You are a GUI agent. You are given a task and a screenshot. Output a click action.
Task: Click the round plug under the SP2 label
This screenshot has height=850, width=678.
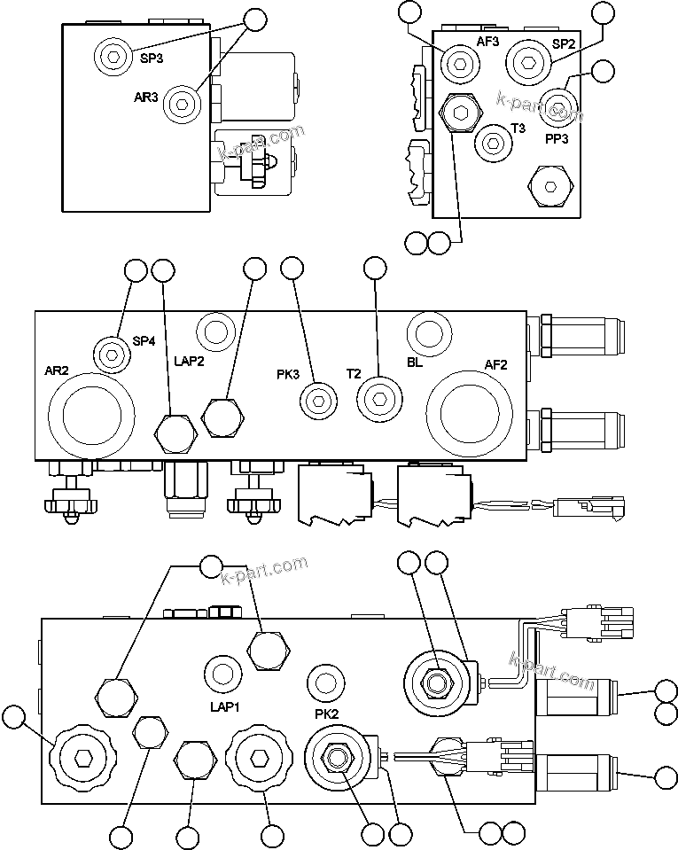tap(529, 63)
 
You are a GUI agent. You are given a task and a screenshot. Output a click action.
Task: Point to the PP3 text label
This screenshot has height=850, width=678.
tap(557, 138)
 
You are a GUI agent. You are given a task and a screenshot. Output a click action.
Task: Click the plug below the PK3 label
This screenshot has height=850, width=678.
tap(316, 401)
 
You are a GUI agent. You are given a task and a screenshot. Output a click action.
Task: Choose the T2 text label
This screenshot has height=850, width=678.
tap(354, 374)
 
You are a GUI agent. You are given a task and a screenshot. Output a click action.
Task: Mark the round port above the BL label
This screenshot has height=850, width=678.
tap(429, 333)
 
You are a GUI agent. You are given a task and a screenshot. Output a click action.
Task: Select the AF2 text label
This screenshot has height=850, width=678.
tap(497, 363)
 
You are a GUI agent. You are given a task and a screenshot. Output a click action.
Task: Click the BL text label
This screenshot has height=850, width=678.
tap(416, 363)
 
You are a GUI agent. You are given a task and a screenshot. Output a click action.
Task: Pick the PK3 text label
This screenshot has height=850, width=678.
tap(287, 374)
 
